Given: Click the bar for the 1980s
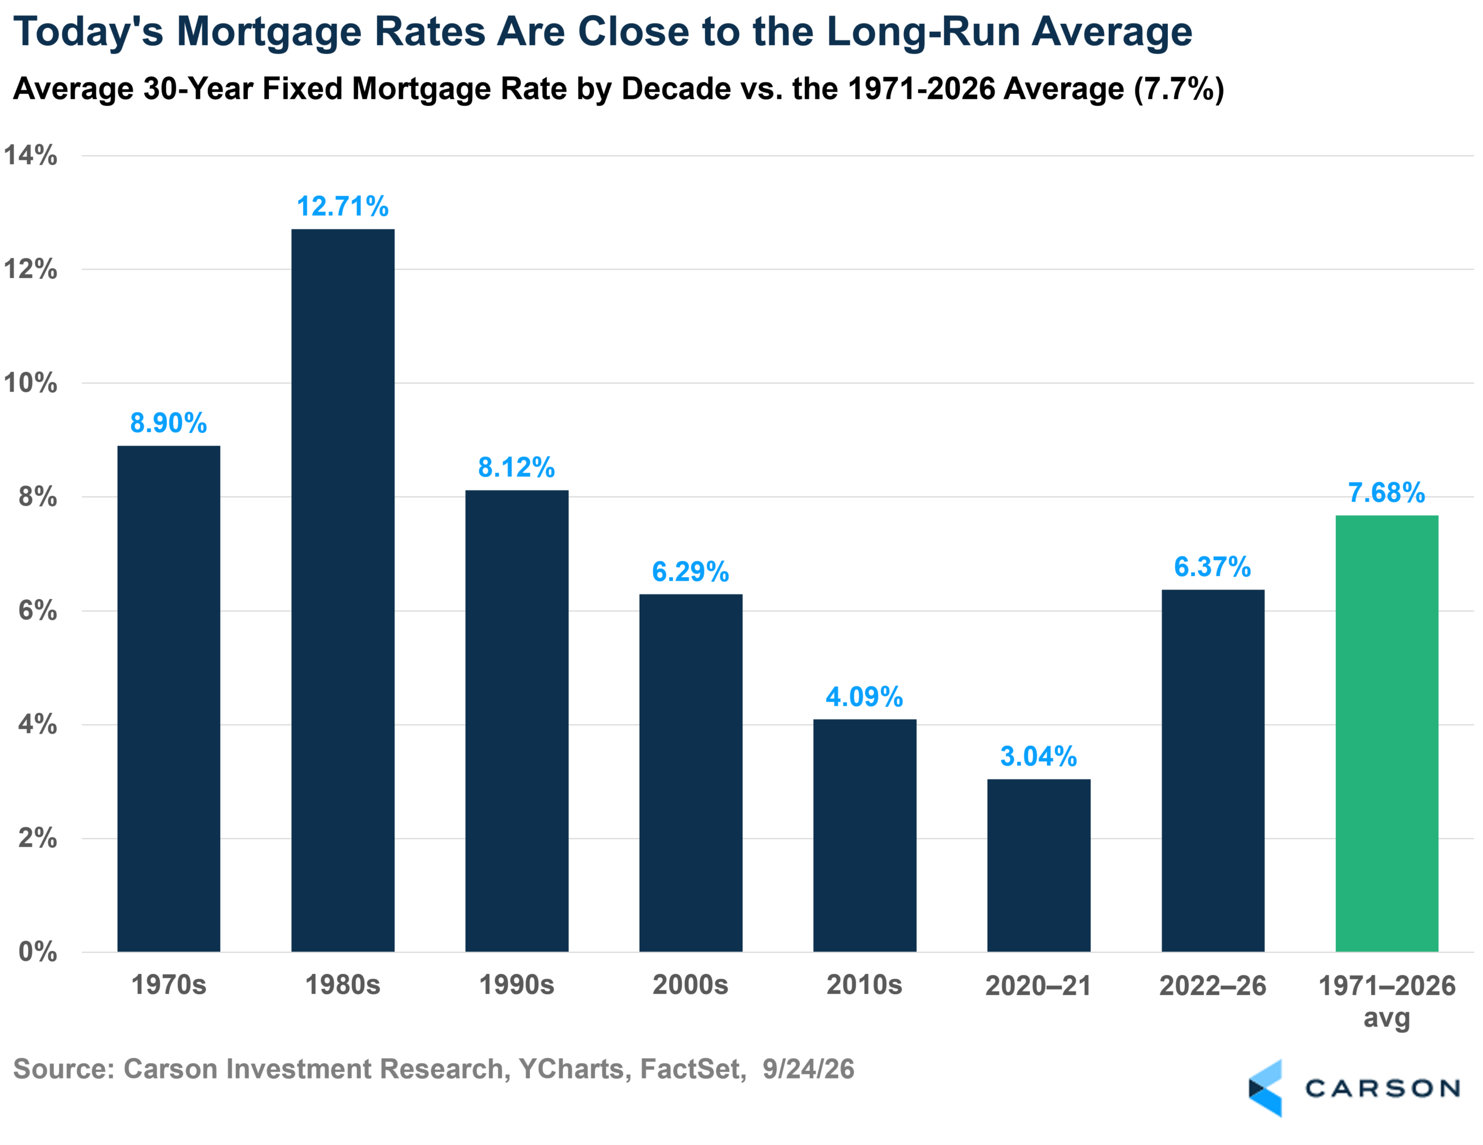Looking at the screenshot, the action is (x=343, y=590).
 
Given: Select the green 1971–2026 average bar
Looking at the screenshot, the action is (x=1387, y=734).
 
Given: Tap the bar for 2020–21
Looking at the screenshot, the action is (x=1039, y=865).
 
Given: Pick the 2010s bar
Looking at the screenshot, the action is (x=865, y=836).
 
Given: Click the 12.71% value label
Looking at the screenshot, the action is (x=343, y=206).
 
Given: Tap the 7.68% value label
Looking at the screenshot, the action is (x=1387, y=493).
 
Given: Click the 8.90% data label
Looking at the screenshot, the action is (x=169, y=422).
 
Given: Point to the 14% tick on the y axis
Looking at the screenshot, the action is (x=31, y=155).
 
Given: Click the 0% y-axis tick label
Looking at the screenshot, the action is (x=37, y=951).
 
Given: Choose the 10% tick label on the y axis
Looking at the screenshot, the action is (x=31, y=383).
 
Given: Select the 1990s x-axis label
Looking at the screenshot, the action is (x=517, y=984).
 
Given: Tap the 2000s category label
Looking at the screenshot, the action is (x=691, y=984).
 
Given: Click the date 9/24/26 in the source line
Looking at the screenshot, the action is (x=808, y=1069).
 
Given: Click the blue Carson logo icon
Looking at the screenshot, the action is (x=1266, y=1088).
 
